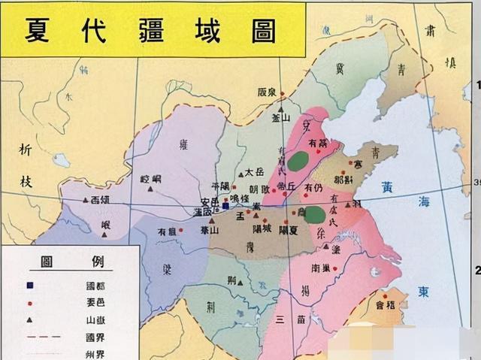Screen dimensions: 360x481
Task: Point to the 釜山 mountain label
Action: coord(280,117)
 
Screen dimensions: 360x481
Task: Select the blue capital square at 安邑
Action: coord(225,204)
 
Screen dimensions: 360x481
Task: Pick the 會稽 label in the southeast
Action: coord(384,306)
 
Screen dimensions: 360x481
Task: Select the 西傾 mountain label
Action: coord(101,200)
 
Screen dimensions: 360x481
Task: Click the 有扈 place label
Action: coord(167,231)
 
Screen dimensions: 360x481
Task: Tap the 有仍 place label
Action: coord(313,186)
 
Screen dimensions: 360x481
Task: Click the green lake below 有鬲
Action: coord(301,160)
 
